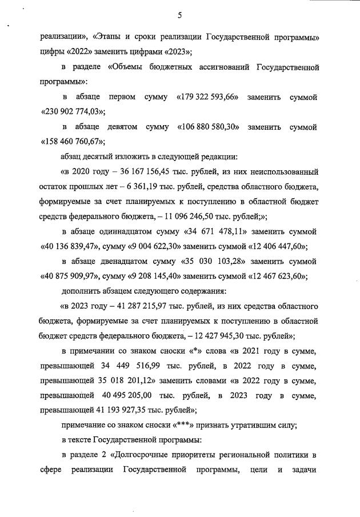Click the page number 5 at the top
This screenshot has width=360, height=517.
pyautogui.click(x=179, y=16)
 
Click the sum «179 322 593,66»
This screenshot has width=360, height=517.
pyautogui.click(x=208, y=98)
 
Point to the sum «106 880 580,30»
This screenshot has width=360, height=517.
pyautogui.click(x=209, y=126)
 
